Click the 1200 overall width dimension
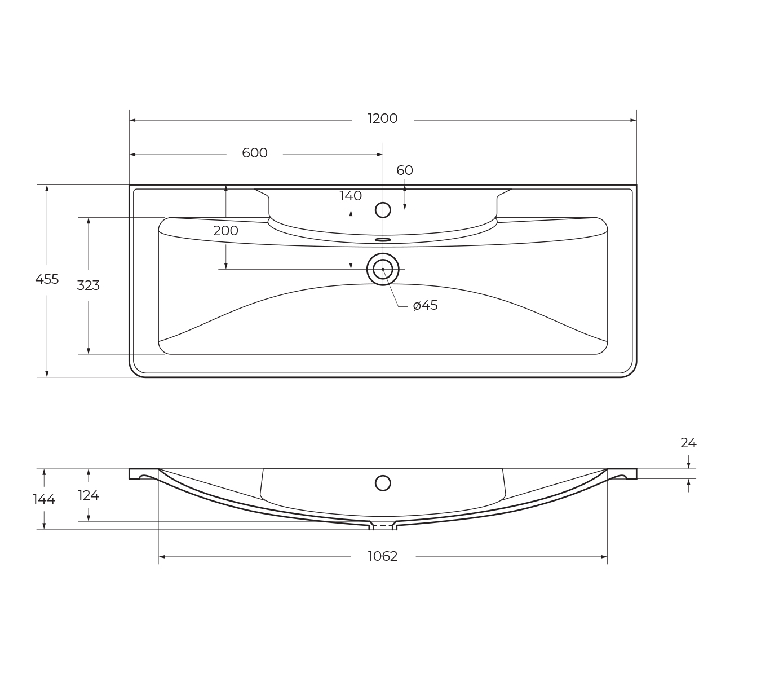(x=382, y=118)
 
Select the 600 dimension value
(x=254, y=153)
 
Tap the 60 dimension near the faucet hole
(x=404, y=170)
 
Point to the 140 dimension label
(x=350, y=196)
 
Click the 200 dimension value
(x=225, y=231)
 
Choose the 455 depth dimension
(x=47, y=279)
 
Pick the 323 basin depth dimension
(x=88, y=285)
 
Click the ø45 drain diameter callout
(x=425, y=306)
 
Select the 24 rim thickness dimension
(x=688, y=443)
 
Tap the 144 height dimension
(x=44, y=499)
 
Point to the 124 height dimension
(x=88, y=495)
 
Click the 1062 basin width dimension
(x=383, y=556)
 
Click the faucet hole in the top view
(x=383, y=210)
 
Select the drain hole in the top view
(x=383, y=269)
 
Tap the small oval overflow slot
(x=383, y=240)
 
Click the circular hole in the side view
(x=383, y=483)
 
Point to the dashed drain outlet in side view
(x=383, y=526)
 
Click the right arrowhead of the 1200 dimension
(x=633, y=120)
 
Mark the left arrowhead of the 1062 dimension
(x=162, y=557)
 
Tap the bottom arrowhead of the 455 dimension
(x=47, y=373)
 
